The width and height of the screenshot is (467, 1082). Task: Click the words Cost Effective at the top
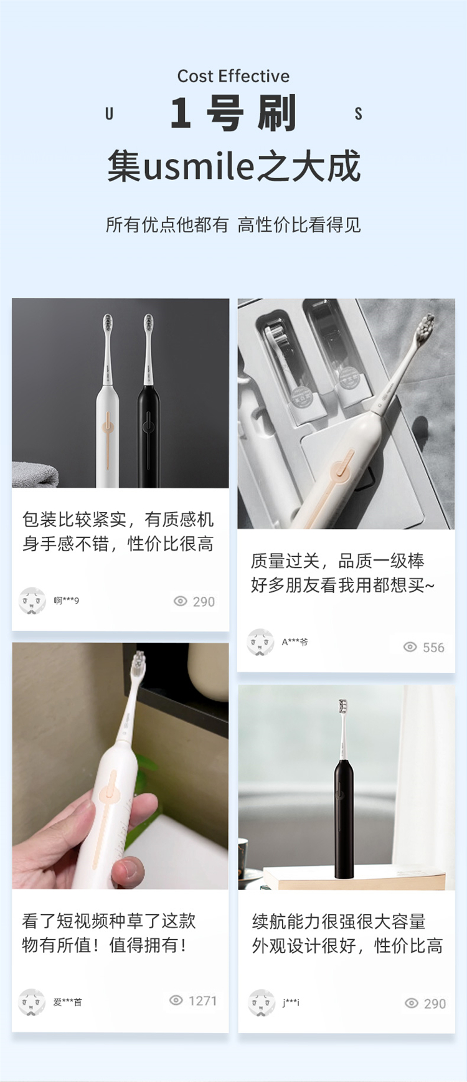233,76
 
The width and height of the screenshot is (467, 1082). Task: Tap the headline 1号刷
233,113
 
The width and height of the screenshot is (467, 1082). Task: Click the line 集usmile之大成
233,166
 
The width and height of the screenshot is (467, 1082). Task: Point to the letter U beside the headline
110,113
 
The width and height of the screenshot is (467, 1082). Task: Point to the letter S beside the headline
358,113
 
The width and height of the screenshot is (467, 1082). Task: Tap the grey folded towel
35,475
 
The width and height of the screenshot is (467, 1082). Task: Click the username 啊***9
66,600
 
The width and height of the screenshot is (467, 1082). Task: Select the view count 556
433,648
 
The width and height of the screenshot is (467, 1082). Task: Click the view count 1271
202,1000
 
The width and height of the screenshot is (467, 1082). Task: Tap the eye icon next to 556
410,647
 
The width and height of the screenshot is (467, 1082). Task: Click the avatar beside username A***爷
260,642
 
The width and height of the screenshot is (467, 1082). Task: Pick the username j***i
291,1002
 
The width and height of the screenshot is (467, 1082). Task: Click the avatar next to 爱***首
32,1002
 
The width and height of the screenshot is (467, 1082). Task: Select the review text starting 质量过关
342,573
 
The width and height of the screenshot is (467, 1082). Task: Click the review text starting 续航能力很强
347,934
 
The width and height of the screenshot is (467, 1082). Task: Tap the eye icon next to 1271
176,1000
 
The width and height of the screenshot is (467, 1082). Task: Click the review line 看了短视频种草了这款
109,921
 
